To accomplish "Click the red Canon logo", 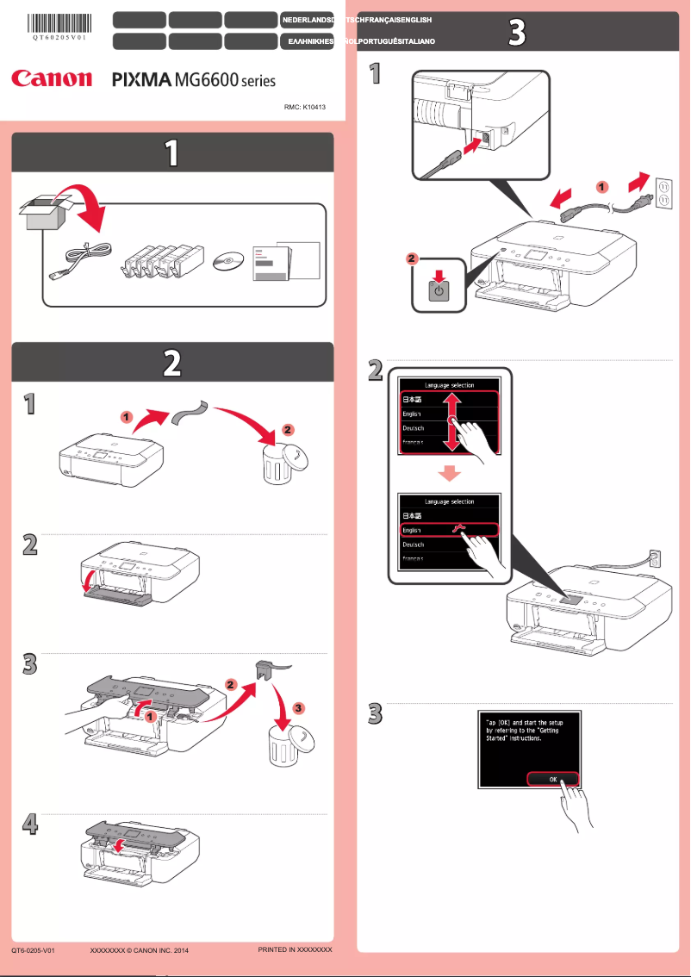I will [51, 79].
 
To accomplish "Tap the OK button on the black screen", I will [553, 778].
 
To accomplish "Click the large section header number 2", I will [172, 364].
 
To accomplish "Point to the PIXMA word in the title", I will [142, 80].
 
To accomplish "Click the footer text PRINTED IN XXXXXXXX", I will [295, 949].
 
